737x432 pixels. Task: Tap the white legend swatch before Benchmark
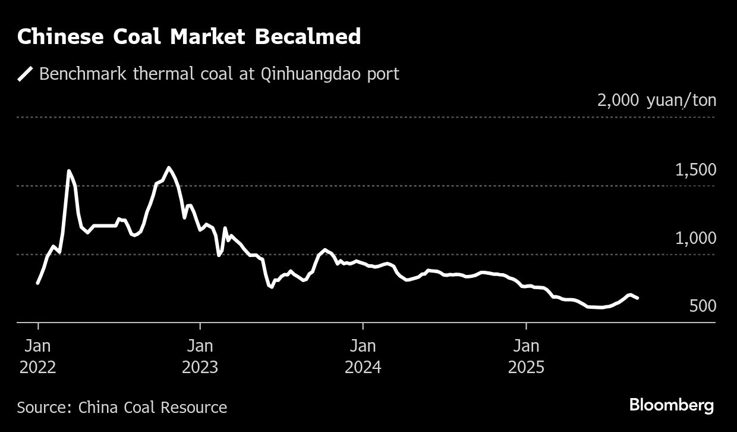pos(25,74)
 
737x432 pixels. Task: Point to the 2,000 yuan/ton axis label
pos(657,100)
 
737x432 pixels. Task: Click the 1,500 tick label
pos(695,170)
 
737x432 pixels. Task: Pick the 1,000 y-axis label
pos(695,239)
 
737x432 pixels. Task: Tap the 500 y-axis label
pos(703,306)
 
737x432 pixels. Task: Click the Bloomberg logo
pos(672,406)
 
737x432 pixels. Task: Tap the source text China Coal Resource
pos(153,408)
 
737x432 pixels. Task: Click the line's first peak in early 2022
pos(69,171)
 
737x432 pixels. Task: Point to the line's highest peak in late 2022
pos(169,168)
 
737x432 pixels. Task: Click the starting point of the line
pos(38,283)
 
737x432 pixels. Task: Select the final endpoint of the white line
pos(638,298)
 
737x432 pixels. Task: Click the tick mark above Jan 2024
pos(363,325)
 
